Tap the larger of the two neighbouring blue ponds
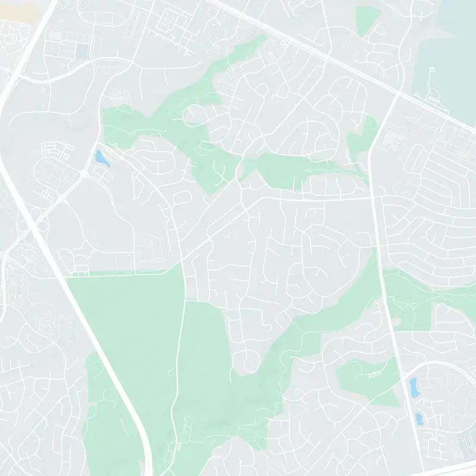413,387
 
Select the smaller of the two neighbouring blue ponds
419,418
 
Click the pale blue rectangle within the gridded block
82,51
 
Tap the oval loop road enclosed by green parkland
197,112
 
